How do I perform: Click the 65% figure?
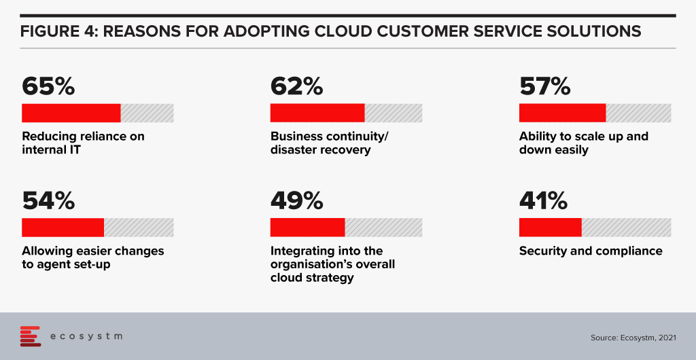(x=48, y=86)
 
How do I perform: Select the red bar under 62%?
(x=317, y=113)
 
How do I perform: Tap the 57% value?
(x=545, y=86)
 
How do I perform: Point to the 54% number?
(x=48, y=201)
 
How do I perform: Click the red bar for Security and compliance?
(x=551, y=228)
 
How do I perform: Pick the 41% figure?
(x=543, y=201)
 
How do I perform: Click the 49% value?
(x=297, y=201)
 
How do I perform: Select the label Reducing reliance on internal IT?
(x=84, y=143)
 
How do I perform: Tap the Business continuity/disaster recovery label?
(x=330, y=143)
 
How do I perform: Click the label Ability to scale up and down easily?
(x=584, y=143)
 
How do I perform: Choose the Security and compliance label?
(x=591, y=251)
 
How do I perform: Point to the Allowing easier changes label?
(x=93, y=251)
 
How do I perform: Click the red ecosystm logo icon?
(x=31, y=336)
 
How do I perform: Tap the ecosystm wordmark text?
(x=86, y=336)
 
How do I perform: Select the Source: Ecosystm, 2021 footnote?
(x=633, y=338)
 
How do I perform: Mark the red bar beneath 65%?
(x=71, y=113)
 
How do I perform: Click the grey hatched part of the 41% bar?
(x=626, y=228)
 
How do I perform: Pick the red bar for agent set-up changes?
(x=63, y=228)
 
